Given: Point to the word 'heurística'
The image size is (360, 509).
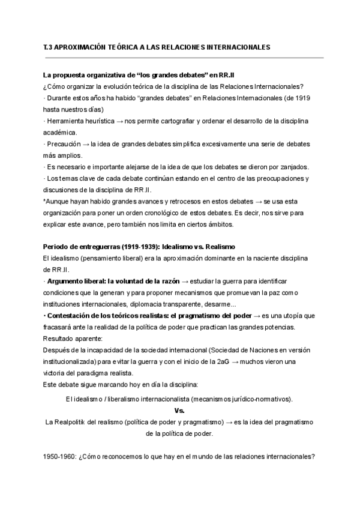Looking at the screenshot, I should [95, 121].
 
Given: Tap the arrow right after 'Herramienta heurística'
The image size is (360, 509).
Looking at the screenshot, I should [121, 121].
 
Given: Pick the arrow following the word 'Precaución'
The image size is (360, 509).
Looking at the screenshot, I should [85, 144].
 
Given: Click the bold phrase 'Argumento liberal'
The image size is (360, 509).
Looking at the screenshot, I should [74, 281].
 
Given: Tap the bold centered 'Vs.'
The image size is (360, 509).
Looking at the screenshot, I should [179, 411].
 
